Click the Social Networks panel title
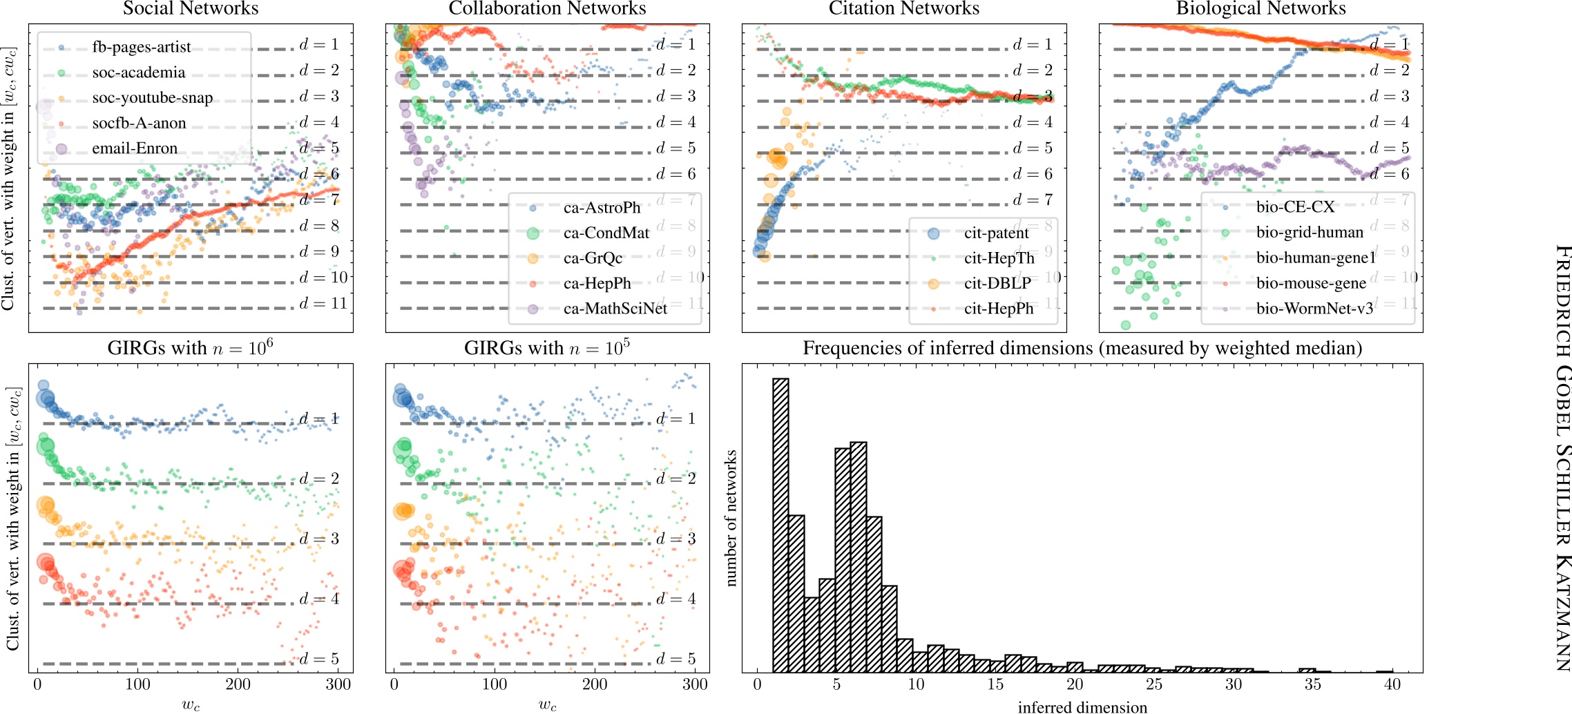coord(191,8)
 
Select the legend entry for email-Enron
coord(135,148)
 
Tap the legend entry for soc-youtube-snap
coord(152,98)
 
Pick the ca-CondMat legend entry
coord(606,233)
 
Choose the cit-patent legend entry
coord(996,233)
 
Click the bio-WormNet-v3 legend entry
coord(1314,309)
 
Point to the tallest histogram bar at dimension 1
coord(780,525)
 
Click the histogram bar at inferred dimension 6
coord(859,557)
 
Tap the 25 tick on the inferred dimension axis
coord(1154,684)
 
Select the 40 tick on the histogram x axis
coord(1392,684)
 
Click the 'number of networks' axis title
coord(731,518)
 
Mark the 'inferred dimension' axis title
coord(1082,707)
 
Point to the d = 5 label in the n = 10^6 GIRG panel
coord(319,659)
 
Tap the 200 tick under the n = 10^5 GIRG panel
coord(595,684)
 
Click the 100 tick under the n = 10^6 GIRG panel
coord(137,684)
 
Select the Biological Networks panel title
coord(1261,8)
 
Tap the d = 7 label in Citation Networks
coord(1033,200)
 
